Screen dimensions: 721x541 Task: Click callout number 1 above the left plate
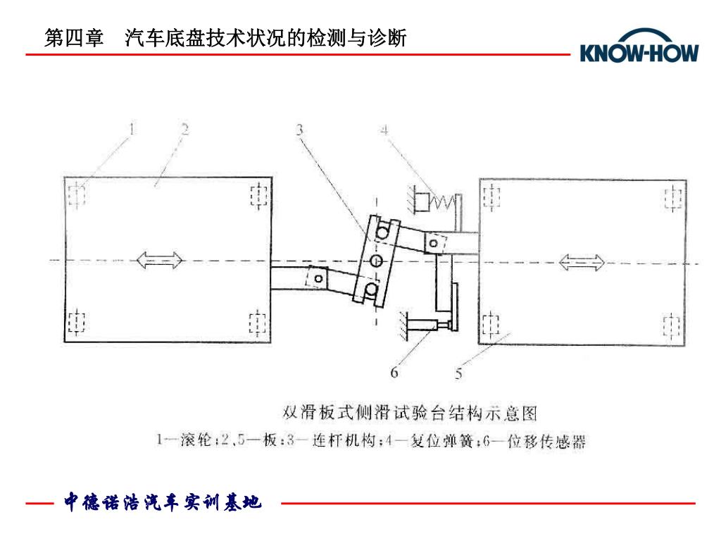(x=132, y=128)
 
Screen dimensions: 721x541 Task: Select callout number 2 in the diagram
(x=184, y=128)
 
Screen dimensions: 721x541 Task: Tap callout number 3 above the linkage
(x=300, y=130)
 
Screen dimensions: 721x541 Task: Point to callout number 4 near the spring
(x=384, y=130)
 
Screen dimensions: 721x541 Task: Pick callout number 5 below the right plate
(x=458, y=373)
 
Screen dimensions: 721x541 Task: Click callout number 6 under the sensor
(x=394, y=372)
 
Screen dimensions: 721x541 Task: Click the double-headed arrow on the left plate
(x=160, y=261)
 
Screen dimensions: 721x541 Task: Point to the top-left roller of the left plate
(x=77, y=193)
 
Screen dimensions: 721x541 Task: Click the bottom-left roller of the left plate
(x=77, y=323)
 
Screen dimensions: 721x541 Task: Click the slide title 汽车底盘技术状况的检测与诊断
(x=265, y=38)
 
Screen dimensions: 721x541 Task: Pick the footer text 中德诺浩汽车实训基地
(x=163, y=502)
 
